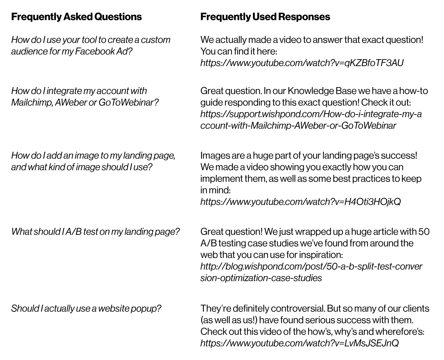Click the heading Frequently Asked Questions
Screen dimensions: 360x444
click(x=76, y=17)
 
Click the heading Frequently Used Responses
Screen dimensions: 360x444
click(x=265, y=17)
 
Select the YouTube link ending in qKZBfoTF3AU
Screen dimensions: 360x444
click(x=302, y=63)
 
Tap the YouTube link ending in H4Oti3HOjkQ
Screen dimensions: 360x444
click(x=301, y=202)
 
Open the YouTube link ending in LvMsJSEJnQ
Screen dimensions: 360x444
click(x=299, y=343)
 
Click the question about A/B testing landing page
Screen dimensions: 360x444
click(x=95, y=231)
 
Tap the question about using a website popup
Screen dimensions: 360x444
click(x=86, y=308)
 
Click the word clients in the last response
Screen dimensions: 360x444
click(x=415, y=308)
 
